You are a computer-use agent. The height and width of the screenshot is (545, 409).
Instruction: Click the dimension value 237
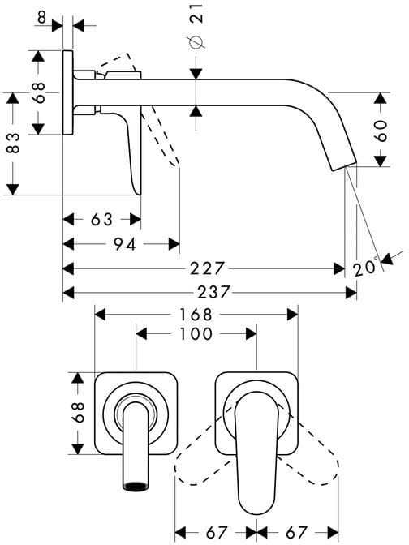pyautogui.click(x=214, y=292)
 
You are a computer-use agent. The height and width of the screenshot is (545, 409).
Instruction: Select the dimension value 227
pyautogui.click(x=208, y=268)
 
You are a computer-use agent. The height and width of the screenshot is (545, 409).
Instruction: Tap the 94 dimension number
pyautogui.click(x=124, y=244)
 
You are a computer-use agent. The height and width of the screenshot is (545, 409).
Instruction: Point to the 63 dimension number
pyautogui.click(x=102, y=219)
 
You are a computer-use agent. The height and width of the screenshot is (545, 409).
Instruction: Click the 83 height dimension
pyautogui.click(x=13, y=143)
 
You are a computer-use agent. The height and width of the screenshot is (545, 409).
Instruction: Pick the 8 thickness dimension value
pyautogui.click(x=41, y=17)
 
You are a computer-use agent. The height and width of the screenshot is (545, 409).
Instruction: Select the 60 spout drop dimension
pyautogui.click(x=381, y=131)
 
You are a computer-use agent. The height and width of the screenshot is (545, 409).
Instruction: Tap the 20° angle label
pyautogui.click(x=365, y=267)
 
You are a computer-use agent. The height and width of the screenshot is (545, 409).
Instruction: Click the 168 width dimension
pyautogui.click(x=196, y=315)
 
